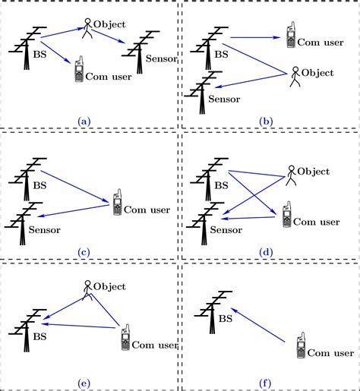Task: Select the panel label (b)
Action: [267, 119]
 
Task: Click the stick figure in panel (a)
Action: [88, 27]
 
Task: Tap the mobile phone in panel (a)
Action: [78, 72]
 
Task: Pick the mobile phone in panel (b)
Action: [289, 35]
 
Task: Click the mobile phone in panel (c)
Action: [117, 203]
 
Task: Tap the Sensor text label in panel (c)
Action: [46, 229]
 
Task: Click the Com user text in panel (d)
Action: [317, 222]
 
